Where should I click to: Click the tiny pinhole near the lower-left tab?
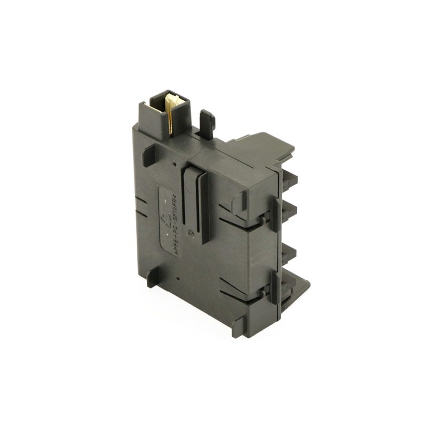pyautogui.click(x=177, y=278)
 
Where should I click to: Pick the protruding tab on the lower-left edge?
pyautogui.click(x=151, y=277)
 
